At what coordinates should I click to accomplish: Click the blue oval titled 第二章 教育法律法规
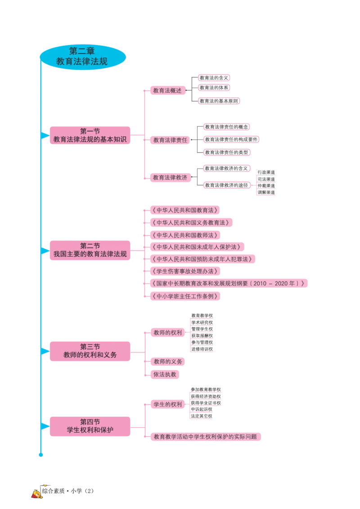pos(84,57)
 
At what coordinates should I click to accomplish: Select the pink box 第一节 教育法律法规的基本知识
pos(90,136)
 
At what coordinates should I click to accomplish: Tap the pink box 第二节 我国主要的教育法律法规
pos(90,250)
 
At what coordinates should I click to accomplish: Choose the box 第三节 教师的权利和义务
pos(90,351)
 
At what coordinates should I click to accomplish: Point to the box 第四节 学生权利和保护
pos(90,426)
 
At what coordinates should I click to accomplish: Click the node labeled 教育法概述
pos(167,90)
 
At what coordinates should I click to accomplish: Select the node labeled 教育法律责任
pos(170,140)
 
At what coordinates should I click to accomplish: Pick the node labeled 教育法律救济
pos(170,178)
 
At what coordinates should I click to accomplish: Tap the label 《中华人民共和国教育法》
pos(185,210)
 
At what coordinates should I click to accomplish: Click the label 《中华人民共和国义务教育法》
pos(191,223)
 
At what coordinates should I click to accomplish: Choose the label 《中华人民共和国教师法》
pos(185,235)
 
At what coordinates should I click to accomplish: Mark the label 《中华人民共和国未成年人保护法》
pos(197,247)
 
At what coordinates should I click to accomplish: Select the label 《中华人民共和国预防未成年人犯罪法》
pos(202,259)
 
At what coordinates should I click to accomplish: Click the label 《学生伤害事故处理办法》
pos(185,271)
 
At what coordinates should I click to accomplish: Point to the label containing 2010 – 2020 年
pos(229,283)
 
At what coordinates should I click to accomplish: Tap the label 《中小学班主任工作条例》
pos(185,296)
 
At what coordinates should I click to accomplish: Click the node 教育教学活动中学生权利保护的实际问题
pos(205,437)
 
